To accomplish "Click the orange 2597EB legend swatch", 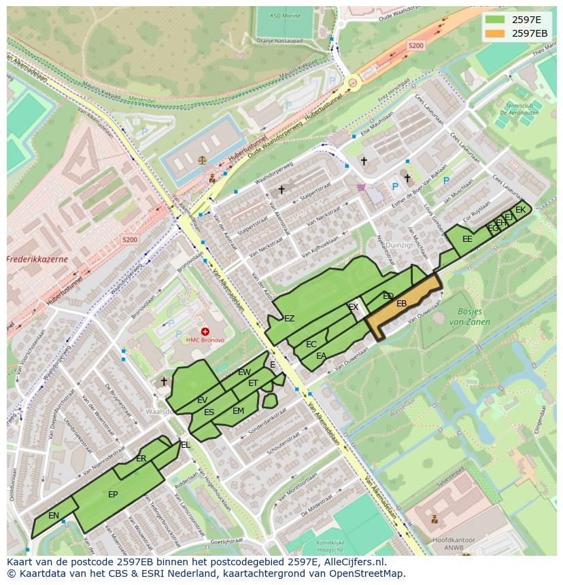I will [x=494, y=33].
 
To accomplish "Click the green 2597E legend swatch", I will [x=494, y=20].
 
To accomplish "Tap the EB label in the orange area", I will [x=401, y=304].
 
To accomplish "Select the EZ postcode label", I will [x=289, y=319].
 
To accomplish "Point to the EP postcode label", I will [x=113, y=495].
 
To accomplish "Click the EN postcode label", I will [x=54, y=516].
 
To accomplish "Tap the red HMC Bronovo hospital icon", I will [x=205, y=332].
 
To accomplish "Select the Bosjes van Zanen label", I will [x=469, y=317].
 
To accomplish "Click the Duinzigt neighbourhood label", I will [x=398, y=245].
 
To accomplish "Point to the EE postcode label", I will [x=467, y=239].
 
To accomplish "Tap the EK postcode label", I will [x=520, y=210].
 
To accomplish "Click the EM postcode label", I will [x=238, y=411].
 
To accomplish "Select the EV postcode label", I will [x=202, y=400].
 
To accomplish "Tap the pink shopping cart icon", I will [x=361, y=188].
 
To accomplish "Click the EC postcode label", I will [x=311, y=344].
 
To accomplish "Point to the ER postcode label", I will [x=141, y=459].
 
